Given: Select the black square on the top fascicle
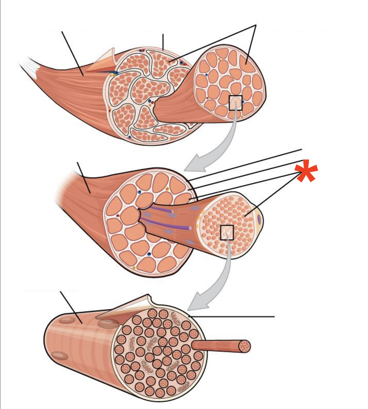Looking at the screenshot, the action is click(235, 103).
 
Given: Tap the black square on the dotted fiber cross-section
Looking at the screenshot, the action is click(227, 232).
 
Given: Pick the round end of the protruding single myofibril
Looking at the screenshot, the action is click(245, 346).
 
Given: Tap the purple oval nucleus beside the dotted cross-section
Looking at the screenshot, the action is click(259, 219).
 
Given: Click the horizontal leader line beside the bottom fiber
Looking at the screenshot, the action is click(235, 317).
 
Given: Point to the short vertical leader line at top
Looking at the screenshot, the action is click(163, 42).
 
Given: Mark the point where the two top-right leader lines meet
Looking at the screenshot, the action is click(256, 25).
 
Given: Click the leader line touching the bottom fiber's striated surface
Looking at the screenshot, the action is click(71, 306).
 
